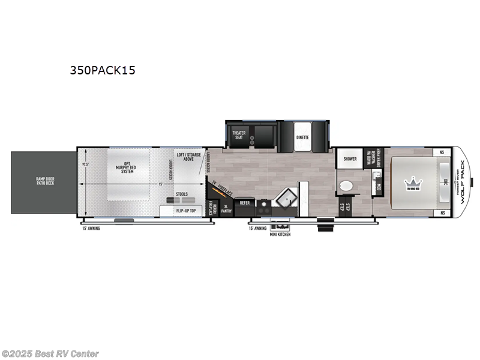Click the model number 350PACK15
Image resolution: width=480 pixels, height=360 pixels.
tap(103, 70)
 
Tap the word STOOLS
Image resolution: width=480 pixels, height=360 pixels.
tap(182, 194)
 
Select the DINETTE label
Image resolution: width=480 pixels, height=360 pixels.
tap(302, 137)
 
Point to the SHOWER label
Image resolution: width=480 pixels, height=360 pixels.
tap(350, 159)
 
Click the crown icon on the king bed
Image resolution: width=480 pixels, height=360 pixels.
tap(413, 182)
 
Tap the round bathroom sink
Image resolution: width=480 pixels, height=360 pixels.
tap(346, 187)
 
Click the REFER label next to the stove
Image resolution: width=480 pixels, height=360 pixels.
tap(245, 203)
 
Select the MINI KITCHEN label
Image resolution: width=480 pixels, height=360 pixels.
tap(280, 234)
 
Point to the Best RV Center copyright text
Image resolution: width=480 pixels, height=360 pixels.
tap(50, 354)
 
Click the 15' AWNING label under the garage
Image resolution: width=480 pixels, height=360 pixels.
tap(93, 228)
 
